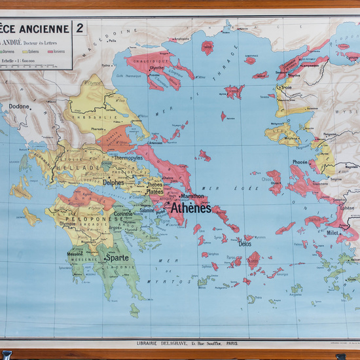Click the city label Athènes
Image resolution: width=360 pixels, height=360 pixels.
pyautogui.click(x=190, y=209)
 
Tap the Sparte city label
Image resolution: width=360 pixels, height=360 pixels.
pyautogui.click(x=116, y=258)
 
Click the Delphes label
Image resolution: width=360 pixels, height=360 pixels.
pyautogui.click(x=112, y=183)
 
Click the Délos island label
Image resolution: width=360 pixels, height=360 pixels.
pyautogui.click(x=245, y=243)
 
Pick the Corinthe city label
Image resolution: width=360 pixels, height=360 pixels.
pyautogui.click(x=122, y=214)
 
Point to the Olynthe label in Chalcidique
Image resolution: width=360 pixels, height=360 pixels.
pyautogui.click(x=157, y=67)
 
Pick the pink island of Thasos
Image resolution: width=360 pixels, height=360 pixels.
pyautogui.click(x=208, y=47)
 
